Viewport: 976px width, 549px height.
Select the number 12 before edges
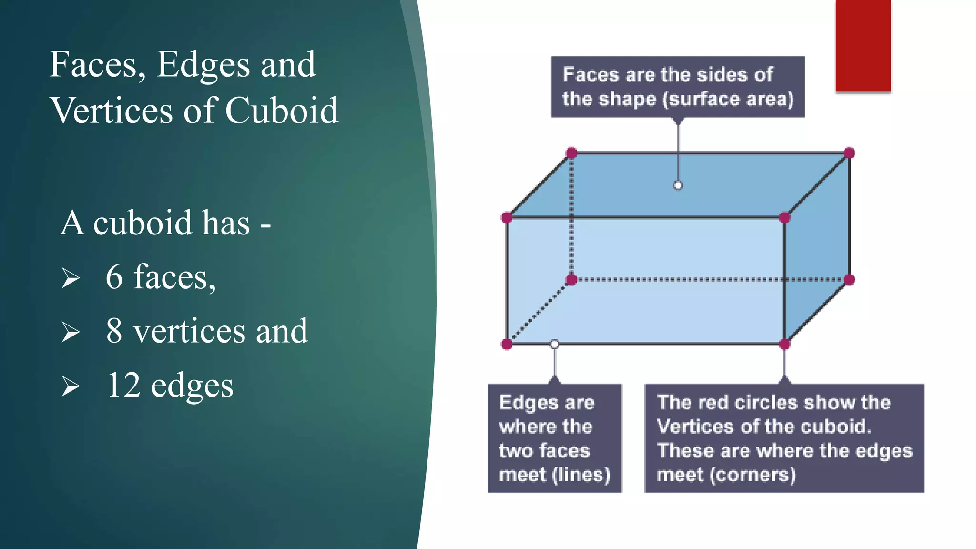(123, 385)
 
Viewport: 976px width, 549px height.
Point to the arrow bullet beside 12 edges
(71, 386)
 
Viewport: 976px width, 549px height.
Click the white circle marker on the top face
(678, 185)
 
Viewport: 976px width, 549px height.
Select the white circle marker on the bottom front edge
(554, 344)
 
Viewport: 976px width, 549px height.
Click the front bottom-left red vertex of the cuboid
(507, 344)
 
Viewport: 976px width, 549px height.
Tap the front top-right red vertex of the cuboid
(784, 218)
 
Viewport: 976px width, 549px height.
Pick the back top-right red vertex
(849, 153)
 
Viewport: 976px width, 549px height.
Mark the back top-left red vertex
(571, 153)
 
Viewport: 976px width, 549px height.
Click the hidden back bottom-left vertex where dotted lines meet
(571, 280)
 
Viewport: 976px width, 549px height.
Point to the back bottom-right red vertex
(849, 280)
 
